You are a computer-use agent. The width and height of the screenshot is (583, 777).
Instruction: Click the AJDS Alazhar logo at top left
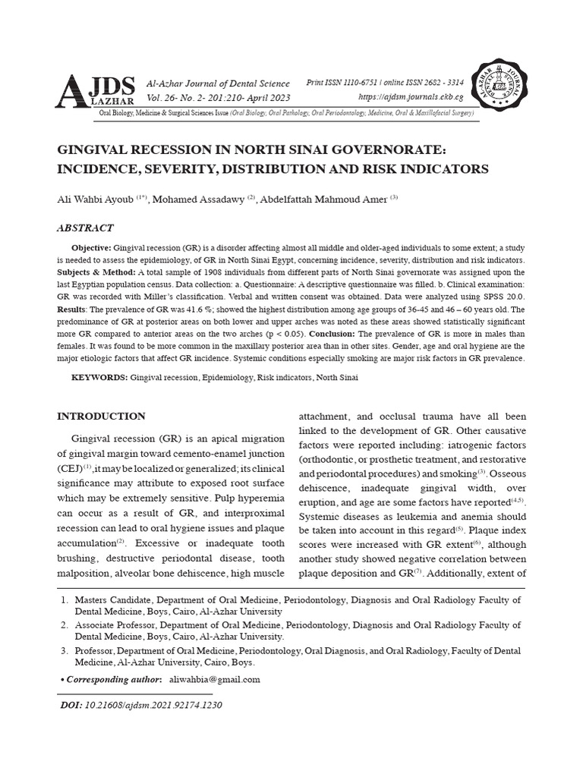pos(96,90)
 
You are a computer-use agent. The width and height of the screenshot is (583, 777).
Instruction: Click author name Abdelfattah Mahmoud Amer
pos(324,200)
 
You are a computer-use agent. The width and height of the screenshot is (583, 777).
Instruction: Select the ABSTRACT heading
pos(86,228)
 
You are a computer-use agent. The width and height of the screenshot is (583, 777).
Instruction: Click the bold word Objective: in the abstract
pos(91,248)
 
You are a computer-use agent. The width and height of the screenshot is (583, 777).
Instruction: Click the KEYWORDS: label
pos(99,377)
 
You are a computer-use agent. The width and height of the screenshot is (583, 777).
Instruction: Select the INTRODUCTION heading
pos(102,416)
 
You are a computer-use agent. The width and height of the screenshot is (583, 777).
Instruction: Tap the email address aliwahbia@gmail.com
pos(215,679)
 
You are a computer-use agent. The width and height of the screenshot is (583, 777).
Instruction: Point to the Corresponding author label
pos(113,679)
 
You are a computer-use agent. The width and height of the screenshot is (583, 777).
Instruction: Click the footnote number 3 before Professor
pos(64,651)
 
